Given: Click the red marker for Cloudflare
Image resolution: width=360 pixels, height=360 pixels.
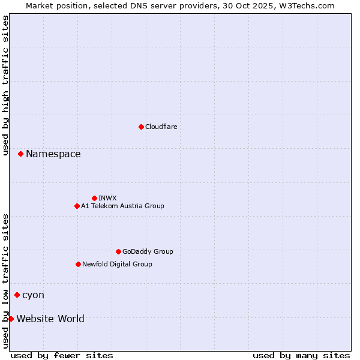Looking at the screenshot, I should pos(141,127).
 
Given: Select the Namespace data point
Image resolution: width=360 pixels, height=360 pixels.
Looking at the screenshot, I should pos(20,154).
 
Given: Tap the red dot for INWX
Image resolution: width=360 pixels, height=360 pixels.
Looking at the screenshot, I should pos(94,198).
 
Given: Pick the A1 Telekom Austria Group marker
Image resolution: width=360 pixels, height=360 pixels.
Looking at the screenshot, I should pos(77,206).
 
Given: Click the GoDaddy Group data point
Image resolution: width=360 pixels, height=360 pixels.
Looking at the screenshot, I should pos(118,251).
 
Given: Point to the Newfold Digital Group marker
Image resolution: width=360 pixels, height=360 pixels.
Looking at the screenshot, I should pos(78,264).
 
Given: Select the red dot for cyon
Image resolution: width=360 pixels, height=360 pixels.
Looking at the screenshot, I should pos(17,295).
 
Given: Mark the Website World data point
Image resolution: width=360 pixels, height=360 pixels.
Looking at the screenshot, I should pos(11,319).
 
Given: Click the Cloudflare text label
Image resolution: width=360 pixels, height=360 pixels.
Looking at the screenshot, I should pos(161,127).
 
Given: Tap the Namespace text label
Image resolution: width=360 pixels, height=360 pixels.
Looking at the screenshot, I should pos(53,154).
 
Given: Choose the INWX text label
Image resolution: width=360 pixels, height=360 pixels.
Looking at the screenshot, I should pos(107,198).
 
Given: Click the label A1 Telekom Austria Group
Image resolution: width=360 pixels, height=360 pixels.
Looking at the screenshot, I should pos(122,206).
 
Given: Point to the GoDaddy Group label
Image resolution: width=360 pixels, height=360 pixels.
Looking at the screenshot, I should pos(148,251).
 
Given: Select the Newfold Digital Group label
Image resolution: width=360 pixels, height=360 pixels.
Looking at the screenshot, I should pos(117,264).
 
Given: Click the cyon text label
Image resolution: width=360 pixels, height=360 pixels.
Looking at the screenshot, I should pos(33,295).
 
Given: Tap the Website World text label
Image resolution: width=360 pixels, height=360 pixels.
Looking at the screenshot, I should pos(50,319).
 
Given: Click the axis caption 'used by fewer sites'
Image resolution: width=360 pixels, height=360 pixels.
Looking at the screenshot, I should pos(62,355).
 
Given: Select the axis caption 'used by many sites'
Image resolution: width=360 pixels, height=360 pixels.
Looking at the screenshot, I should pos(301,355).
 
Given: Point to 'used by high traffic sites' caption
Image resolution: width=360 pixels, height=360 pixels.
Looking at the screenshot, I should pos(5,86).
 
